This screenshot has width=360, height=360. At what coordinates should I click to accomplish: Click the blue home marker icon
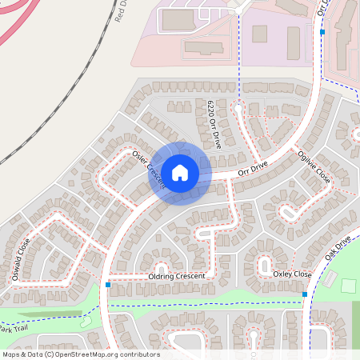tap(180, 172)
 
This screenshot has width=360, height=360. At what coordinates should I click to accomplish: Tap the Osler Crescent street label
tap(150, 169)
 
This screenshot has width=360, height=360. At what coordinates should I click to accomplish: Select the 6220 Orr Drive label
tap(214, 125)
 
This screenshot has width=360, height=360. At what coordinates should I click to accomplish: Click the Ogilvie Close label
tap(314, 167)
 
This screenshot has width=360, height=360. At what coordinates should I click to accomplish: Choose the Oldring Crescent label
tap(177, 276)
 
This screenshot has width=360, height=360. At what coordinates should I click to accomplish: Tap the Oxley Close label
tap(292, 274)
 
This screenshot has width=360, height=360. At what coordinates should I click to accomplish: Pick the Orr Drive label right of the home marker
tap(251, 169)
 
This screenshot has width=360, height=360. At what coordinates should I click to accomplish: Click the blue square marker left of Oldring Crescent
tap(107, 285)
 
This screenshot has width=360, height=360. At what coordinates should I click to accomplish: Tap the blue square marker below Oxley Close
tap(305, 295)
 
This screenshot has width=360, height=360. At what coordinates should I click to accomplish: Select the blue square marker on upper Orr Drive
tap(322, 33)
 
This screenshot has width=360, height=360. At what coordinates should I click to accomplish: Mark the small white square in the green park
tap(348, 285)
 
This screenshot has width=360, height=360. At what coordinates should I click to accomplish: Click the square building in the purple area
tap(259, 34)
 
